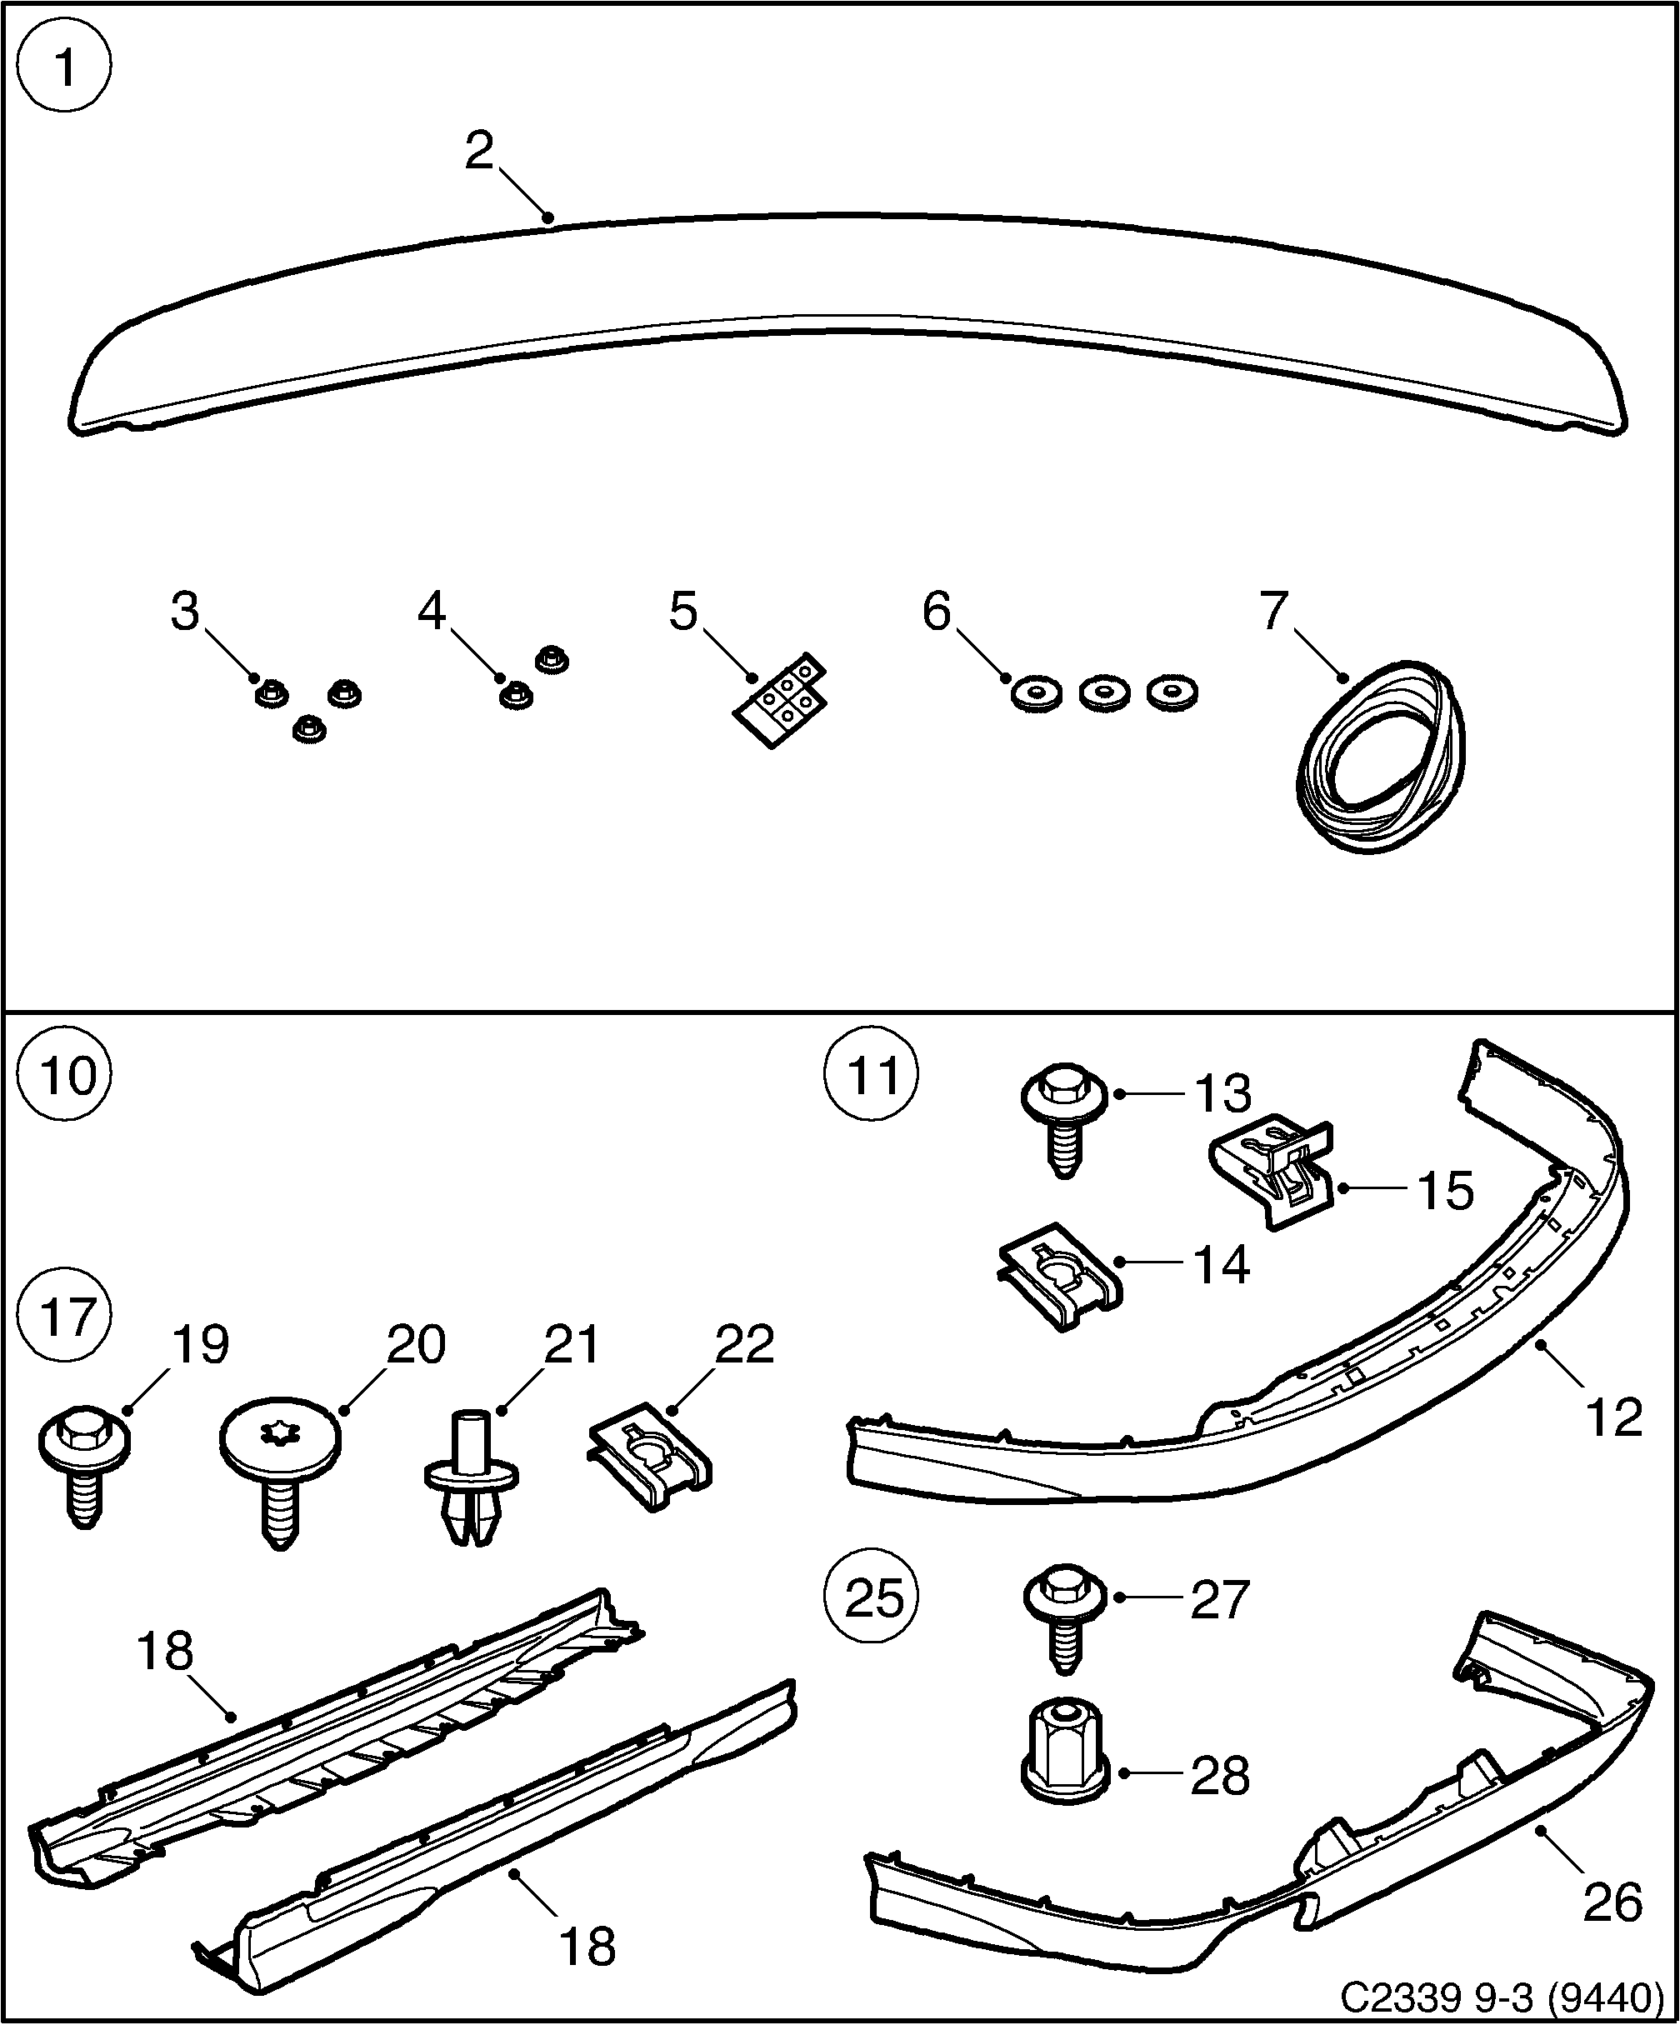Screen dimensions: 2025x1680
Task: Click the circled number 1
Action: point(66,67)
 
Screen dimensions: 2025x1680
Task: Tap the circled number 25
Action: point(872,1597)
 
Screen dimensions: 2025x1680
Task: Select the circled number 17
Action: point(66,1317)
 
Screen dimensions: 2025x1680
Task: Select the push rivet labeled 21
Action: point(471,1492)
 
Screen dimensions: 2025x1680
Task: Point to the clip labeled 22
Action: point(650,1467)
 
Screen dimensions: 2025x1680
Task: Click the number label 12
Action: point(1612,1417)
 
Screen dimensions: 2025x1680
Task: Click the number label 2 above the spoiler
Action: point(479,152)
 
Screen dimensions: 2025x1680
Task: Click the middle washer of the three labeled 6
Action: point(1104,692)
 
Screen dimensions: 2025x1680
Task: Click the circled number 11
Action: point(872,1075)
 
